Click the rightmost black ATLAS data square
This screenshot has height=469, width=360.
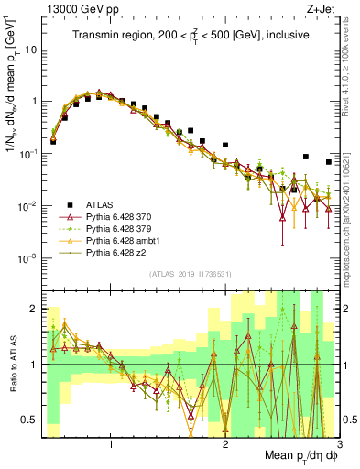click(329, 162)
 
